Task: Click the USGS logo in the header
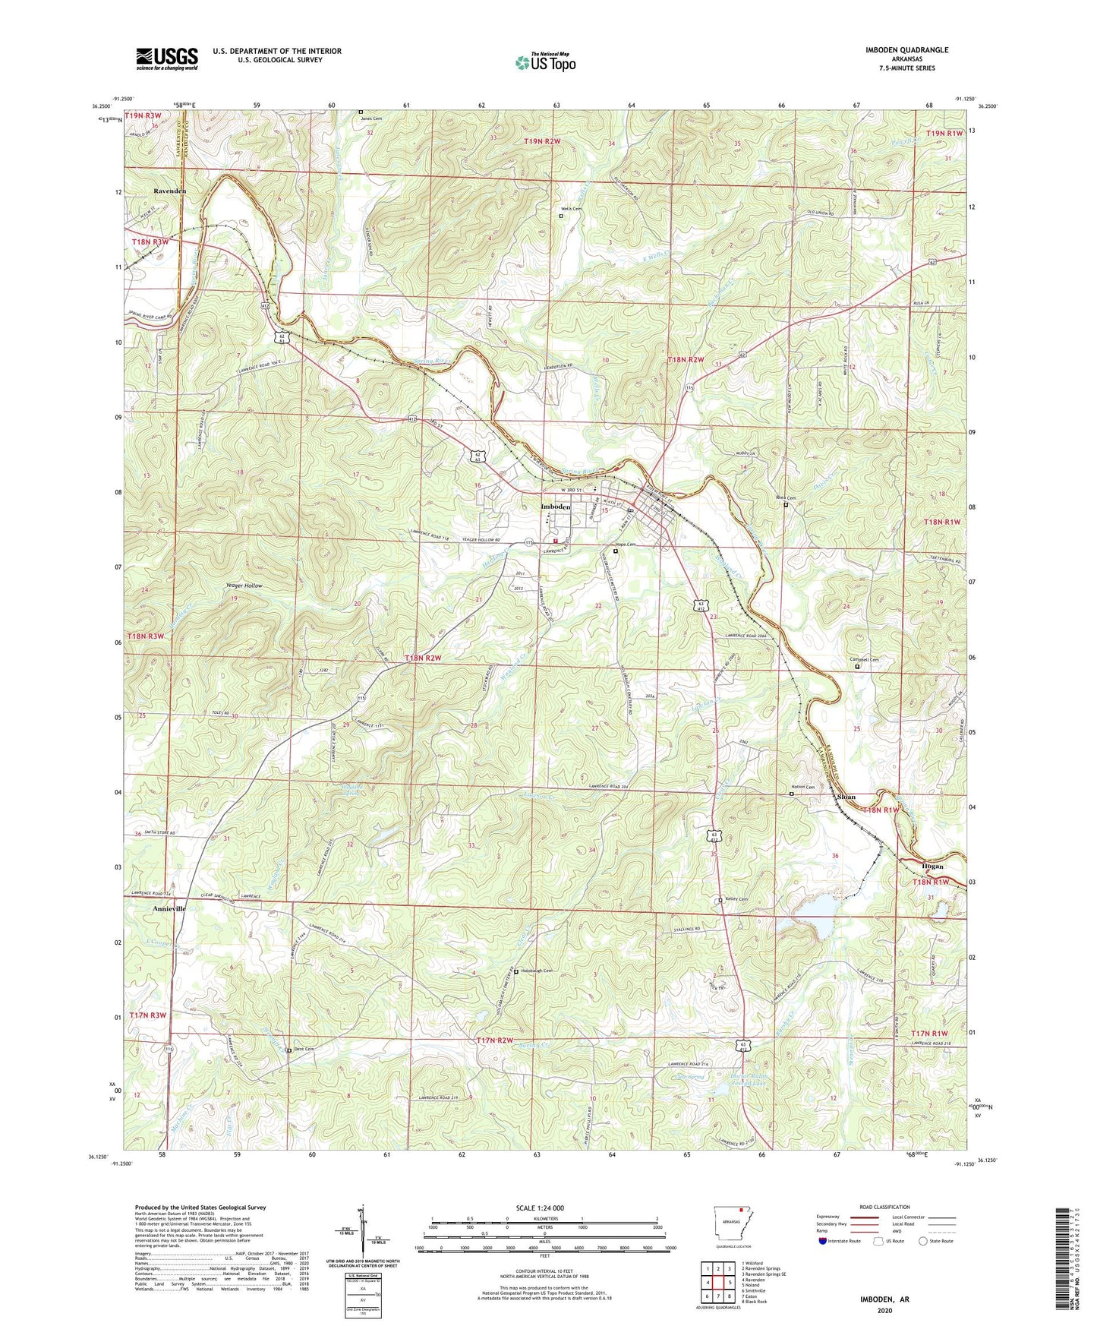tap(167, 58)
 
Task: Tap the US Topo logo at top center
tap(544, 62)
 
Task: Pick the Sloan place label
tap(846, 797)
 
